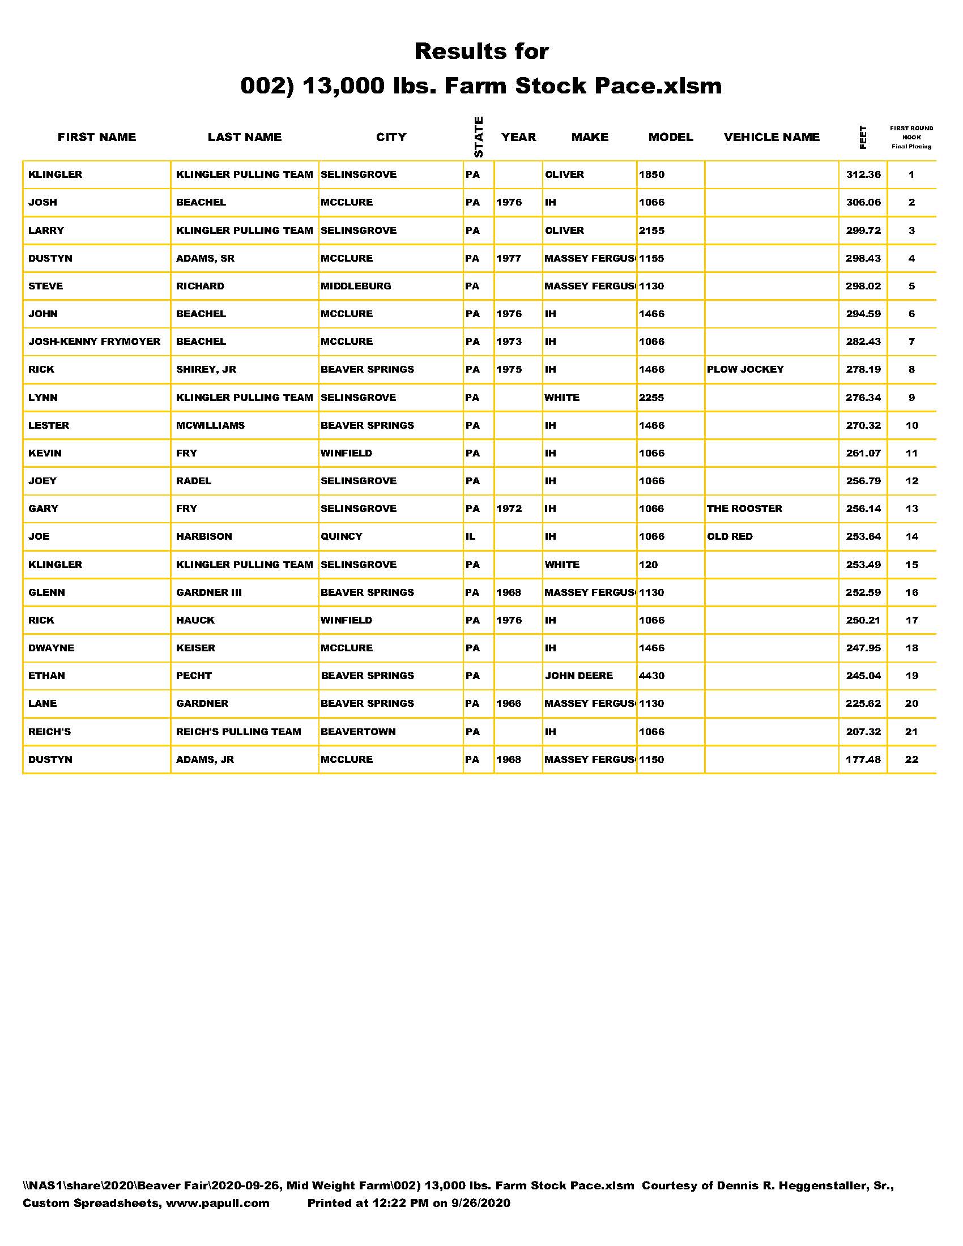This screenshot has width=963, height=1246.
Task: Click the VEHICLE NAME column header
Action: click(x=772, y=137)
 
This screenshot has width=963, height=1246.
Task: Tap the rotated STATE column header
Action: click(x=479, y=137)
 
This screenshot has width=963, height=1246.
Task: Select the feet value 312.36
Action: click(x=863, y=174)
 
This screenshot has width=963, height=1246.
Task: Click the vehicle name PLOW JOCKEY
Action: click(x=745, y=369)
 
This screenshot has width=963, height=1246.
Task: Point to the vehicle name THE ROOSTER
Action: click(x=744, y=509)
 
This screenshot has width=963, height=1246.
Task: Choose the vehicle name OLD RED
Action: click(x=730, y=536)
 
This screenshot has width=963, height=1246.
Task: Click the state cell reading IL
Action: click(x=471, y=536)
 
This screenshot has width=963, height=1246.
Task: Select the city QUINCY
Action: click(x=341, y=536)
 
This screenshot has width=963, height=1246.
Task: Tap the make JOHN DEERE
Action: click(x=578, y=676)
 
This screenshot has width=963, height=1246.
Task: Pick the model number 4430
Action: click(x=651, y=676)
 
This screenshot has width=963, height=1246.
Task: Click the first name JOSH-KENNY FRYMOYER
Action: click(x=94, y=341)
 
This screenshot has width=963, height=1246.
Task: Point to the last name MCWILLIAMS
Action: click(x=210, y=425)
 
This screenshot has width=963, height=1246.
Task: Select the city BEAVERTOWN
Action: click(x=357, y=731)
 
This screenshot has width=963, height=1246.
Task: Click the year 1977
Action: click(x=509, y=258)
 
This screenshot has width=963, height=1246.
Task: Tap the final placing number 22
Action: click(x=911, y=759)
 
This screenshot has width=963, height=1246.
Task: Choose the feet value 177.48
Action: click(x=863, y=759)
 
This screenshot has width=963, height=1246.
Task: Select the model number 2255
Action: click(x=651, y=398)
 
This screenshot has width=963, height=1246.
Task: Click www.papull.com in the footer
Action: click(x=218, y=1203)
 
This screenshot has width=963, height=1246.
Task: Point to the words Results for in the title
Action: click(x=482, y=52)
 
